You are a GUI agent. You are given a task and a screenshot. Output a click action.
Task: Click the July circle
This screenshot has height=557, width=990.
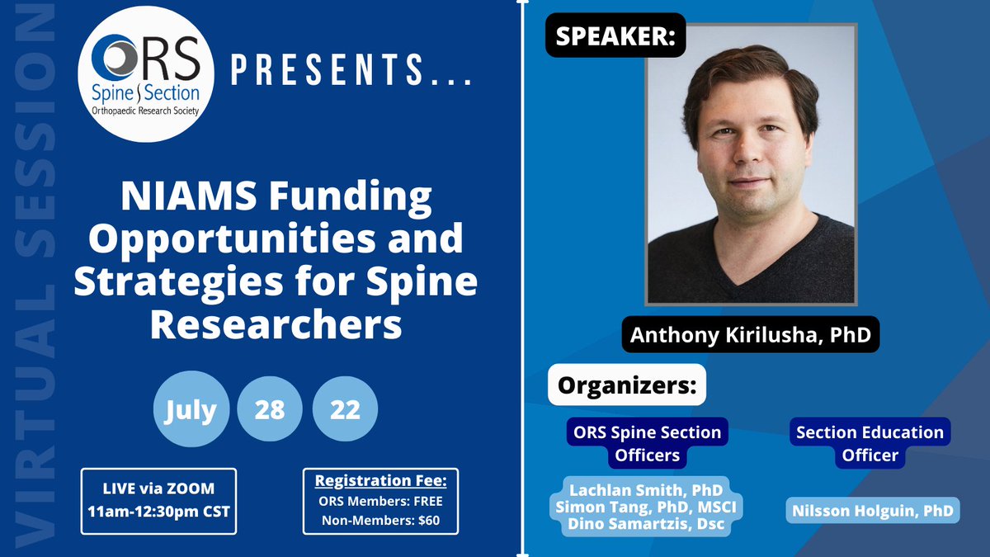pyautogui.click(x=190, y=410)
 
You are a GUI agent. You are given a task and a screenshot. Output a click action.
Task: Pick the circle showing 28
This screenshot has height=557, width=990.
pyautogui.click(x=270, y=410)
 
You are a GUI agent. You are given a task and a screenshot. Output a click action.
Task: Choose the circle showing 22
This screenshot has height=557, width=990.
pyautogui.click(x=346, y=410)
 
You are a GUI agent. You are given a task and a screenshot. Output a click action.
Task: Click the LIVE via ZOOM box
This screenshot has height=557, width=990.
pyautogui.click(x=158, y=500)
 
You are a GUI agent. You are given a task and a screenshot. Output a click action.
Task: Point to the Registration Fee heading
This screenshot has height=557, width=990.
pyautogui.click(x=380, y=482)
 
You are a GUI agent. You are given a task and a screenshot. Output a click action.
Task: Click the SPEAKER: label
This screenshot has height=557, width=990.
pyautogui.click(x=615, y=37)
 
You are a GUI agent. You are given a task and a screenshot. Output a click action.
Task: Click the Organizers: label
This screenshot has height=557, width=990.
pyautogui.click(x=627, y=385)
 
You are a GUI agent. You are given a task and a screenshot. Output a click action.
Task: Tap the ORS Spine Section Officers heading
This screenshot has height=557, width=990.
pyautogui.click(x=648, y=443)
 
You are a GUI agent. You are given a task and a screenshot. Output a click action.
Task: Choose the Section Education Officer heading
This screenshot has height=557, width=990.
pyautogui.click(x=869, y=443)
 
